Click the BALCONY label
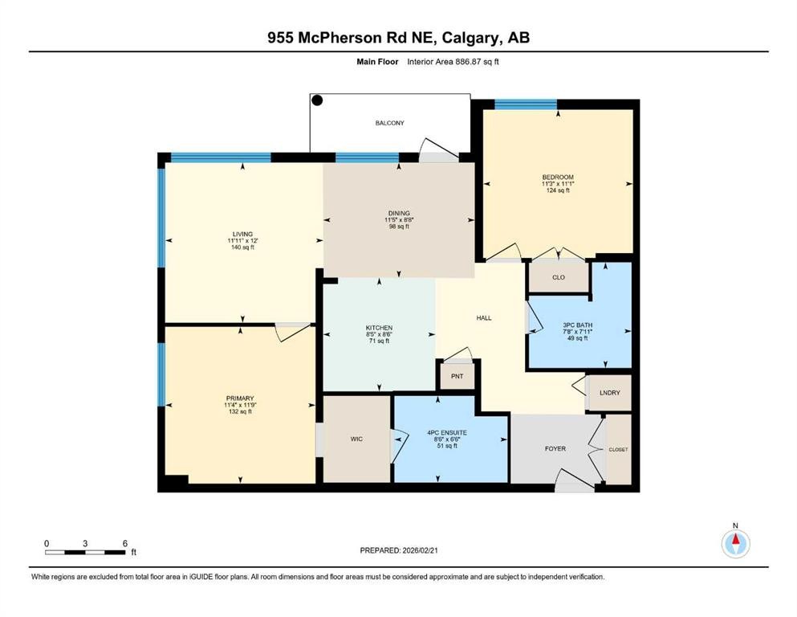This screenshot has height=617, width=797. click(389, 123)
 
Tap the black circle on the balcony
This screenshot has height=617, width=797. click(317, 100)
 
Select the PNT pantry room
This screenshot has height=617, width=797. click(457, 376)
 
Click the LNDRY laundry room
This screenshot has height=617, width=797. click(609, 393)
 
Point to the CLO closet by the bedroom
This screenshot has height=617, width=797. click(558, 277)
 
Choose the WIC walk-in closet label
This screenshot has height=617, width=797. click(356, 439)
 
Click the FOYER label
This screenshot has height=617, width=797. click(555, 448)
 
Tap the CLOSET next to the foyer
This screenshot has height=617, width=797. click(619, 449)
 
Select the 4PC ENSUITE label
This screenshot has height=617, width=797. click(447, 432)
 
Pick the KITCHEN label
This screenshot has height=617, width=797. click(379, 328)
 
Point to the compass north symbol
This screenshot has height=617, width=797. click(734, 544)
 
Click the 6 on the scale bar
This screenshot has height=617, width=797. click(124, 543)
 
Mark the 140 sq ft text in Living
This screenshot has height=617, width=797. click(242, 248)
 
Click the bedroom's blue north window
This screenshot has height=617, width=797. click(526, 104)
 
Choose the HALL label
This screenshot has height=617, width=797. click(484, 317)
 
